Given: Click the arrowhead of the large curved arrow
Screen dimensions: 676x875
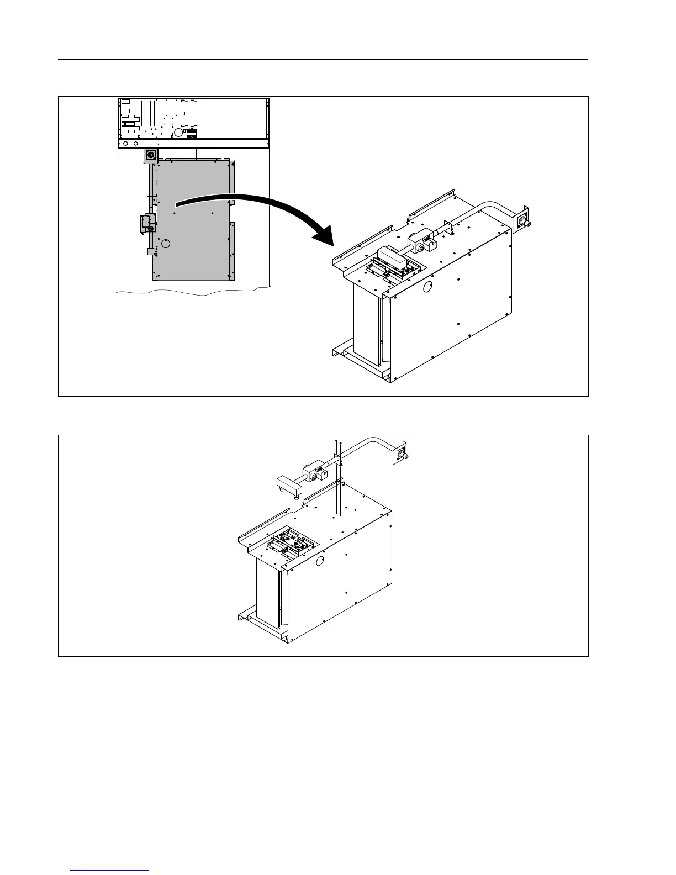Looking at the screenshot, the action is pyautogui.click(x=326, y=236).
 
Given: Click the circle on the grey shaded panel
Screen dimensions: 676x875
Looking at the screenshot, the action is pyautogui.click(x=167, y=244).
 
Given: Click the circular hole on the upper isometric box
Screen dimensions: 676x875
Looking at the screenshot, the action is pyautogui.click(x=427, y=287).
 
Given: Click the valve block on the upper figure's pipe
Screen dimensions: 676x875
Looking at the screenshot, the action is pyautogui.click(x=421, y=243).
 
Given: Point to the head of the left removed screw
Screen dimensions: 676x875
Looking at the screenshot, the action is pyautogui.click(x=336, y=442).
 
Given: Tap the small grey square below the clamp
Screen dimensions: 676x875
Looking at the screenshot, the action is pyautogui.click(x=151, y=251).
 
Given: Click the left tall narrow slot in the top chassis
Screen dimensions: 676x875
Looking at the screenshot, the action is pyautogui.click(x=142, y=113).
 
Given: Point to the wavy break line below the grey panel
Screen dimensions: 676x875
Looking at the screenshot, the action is pyautogui.click(x=193, y=292).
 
